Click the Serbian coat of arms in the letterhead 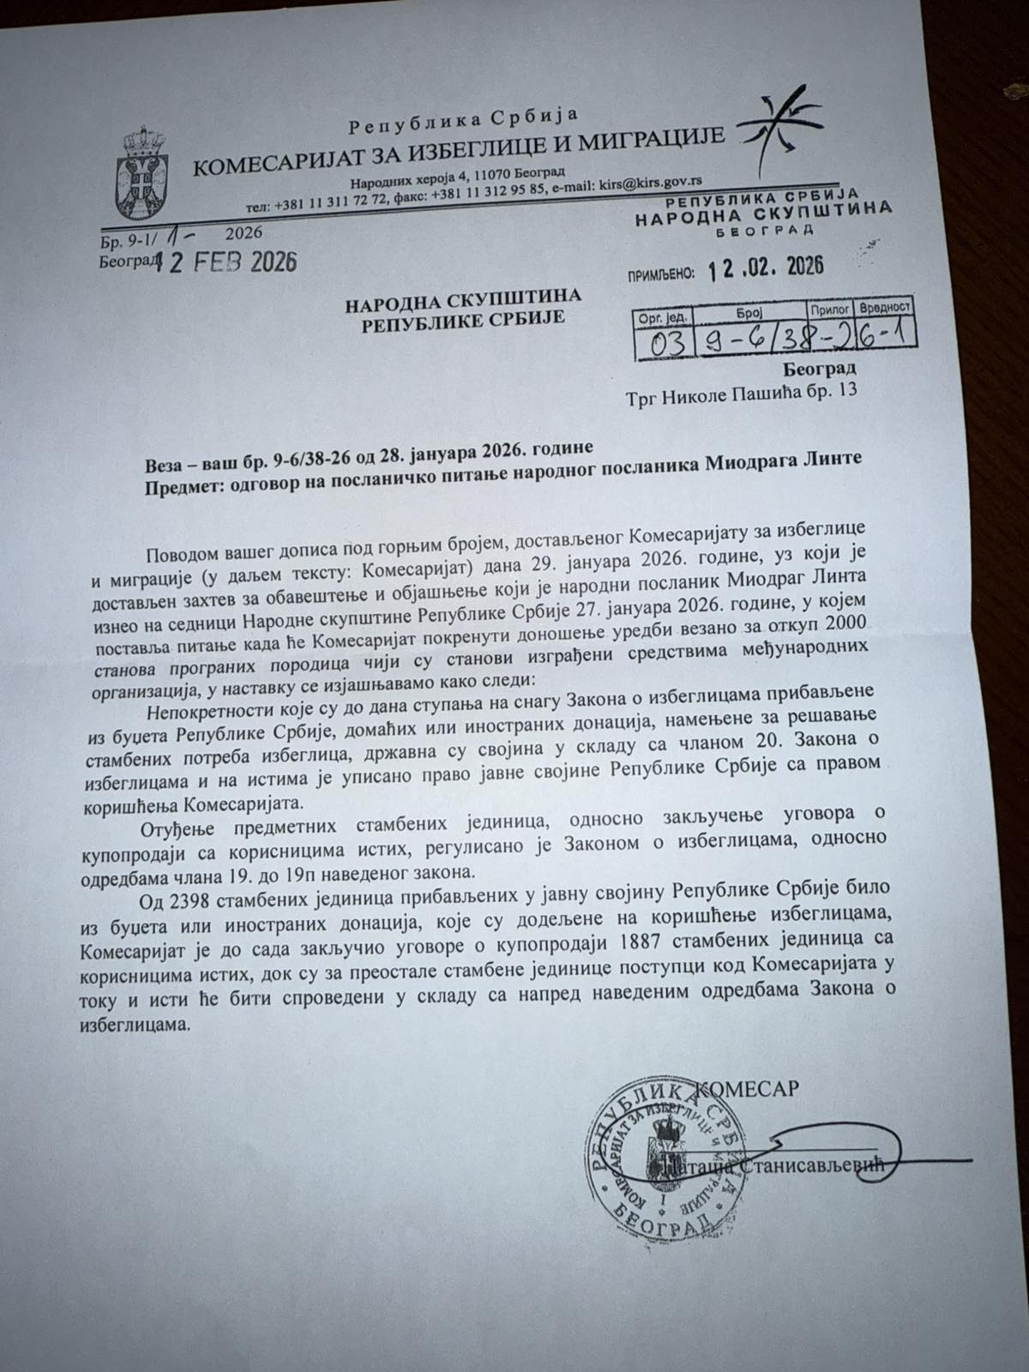(143, 165)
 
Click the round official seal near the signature (662, 1148)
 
